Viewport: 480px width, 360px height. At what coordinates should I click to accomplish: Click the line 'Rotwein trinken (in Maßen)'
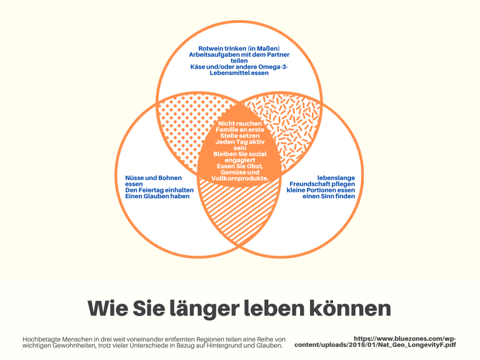pos(239,48)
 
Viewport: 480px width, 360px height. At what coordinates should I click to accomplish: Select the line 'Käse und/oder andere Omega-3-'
pos(239,66)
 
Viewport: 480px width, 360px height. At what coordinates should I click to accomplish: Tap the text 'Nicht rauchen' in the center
pos(239,123)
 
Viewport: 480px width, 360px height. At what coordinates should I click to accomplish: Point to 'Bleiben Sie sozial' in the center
pos(239,154)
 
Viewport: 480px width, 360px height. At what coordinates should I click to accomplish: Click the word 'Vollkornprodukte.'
pos(239,179)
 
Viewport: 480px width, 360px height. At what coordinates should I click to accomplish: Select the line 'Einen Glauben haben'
pos(152,196)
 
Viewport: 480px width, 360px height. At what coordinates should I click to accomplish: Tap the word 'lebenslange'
pos(336,178)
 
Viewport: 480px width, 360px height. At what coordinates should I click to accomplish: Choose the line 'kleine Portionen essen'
pos(321,190)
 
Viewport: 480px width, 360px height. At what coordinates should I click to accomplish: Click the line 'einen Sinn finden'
pos(329,196)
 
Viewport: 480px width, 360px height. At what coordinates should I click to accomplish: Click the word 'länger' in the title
pos(202,308)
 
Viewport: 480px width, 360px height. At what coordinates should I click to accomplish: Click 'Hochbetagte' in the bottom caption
pos(41,339)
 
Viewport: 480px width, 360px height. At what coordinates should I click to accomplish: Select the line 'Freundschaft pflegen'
pos(322,184)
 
